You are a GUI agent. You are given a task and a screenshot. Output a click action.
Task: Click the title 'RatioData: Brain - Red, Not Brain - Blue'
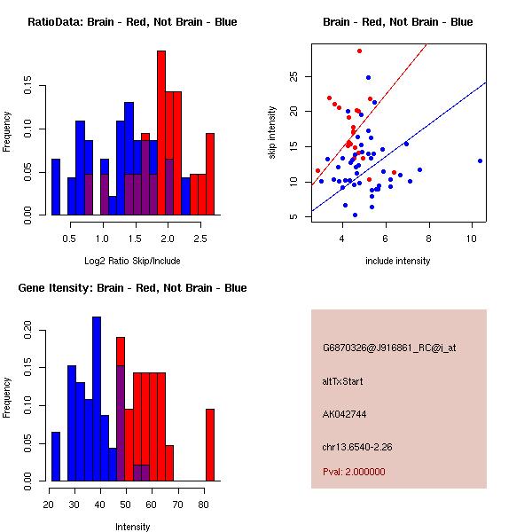[x=132, y=22]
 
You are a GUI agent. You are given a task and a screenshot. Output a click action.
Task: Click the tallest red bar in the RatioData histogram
[x=161, y=133]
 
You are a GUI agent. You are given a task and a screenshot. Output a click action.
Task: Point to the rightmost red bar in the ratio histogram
[x=210, y=174]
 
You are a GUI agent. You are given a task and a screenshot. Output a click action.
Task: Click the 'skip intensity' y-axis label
[x=274, y=133]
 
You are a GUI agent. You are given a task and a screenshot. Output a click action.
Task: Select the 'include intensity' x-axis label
[x=397, y=261]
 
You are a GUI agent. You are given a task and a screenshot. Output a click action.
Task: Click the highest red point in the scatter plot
[x=359, y=51]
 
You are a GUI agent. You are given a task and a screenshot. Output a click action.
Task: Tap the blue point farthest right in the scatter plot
[x=480, y=160]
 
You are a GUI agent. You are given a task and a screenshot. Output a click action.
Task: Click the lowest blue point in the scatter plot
[x=355, y=215]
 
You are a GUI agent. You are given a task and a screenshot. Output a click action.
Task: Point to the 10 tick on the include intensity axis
[x=472, y=239]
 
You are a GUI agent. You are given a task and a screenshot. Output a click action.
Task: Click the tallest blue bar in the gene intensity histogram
[x=96, y=399]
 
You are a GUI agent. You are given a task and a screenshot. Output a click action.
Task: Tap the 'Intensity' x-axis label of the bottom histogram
[x=132, y=526]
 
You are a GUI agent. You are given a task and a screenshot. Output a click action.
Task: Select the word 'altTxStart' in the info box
[x=343, y=381]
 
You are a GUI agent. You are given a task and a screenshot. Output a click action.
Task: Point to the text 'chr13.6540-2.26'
[x=357, y=446]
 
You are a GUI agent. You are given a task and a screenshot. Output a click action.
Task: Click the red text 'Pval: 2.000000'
[x=354, y=472]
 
